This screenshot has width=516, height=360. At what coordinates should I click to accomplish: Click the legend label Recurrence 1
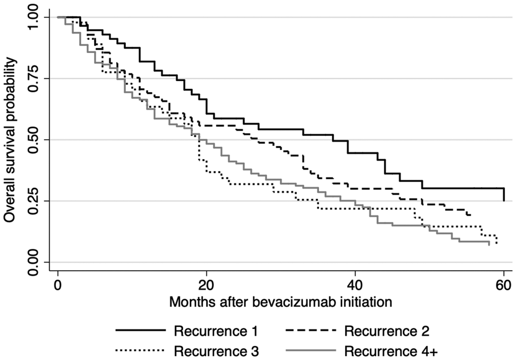pos(216,331)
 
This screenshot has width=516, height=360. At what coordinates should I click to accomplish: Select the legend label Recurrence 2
pos(387,331)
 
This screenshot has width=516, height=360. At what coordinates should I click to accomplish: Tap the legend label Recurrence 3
pos(216,351)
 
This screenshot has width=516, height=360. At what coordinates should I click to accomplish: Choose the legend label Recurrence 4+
pos(391,351)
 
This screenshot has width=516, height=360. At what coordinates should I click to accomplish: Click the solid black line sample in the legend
pos(140,330)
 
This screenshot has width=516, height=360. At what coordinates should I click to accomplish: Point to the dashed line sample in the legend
pos(311,330)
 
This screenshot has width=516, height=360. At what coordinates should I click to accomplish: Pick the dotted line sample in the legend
pos(140,350)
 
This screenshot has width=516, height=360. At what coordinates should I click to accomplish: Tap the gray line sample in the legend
pos(311,350)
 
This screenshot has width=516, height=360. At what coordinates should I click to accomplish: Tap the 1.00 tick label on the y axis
pos(34,17)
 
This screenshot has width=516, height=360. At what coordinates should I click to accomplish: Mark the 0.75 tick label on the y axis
pos(34,78)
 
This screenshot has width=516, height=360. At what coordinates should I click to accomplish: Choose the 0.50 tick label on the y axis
pos(34,140)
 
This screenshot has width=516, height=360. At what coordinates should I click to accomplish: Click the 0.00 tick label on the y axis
pos(34,262)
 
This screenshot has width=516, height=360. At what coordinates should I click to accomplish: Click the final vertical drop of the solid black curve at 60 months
pos(504,195)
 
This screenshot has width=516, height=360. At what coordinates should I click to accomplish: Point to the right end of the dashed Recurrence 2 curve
pos(470,215)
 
